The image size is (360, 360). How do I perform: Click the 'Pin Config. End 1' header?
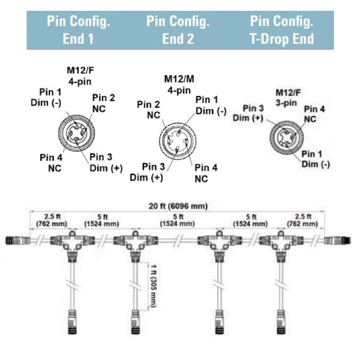pyautogui.click(x=78, y=30)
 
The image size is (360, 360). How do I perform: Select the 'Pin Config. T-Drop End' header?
pyautogui.click(x=282, y=30)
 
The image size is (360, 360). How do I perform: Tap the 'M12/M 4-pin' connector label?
pyautogui.click(x=179, y=85)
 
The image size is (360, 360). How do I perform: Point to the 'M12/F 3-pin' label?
pyautogui.click(x=288, y=98)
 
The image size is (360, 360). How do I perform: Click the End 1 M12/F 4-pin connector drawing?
pyautogui.click(x=76, y=133)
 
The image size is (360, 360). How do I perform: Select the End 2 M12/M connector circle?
pyautogui.click(x=178, y=140)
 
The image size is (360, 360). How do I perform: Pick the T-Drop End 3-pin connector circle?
pyautogui.click(x=287, y=138)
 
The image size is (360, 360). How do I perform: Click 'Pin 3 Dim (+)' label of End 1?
pyautogui.click(x=106, y=163)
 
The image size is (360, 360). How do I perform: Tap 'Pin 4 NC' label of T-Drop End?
pyautogui.click(x=314, y=114)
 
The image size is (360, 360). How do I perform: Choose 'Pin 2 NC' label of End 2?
pyautogui.click(x=149, y=110)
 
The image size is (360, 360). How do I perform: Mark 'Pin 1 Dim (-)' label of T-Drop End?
pyautogui.click(x=316, y=159)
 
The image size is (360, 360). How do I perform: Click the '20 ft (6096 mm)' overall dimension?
pyautogui.click(x=178, y=206)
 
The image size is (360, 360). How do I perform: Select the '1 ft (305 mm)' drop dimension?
pyautogui.click(x=154, y=286)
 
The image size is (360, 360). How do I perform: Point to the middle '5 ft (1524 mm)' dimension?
pyautogui.click(x=178, y=220)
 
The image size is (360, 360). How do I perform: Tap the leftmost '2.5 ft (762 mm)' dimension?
pyautogui.click(x=52, y=220)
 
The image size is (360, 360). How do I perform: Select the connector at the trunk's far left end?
pyautogui.click(x=17, y=241)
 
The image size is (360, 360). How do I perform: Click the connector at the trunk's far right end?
pyautogui.click(x=337, y=241)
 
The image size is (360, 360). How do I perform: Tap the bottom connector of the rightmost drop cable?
pyautogui.click(x=281, y=322)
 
